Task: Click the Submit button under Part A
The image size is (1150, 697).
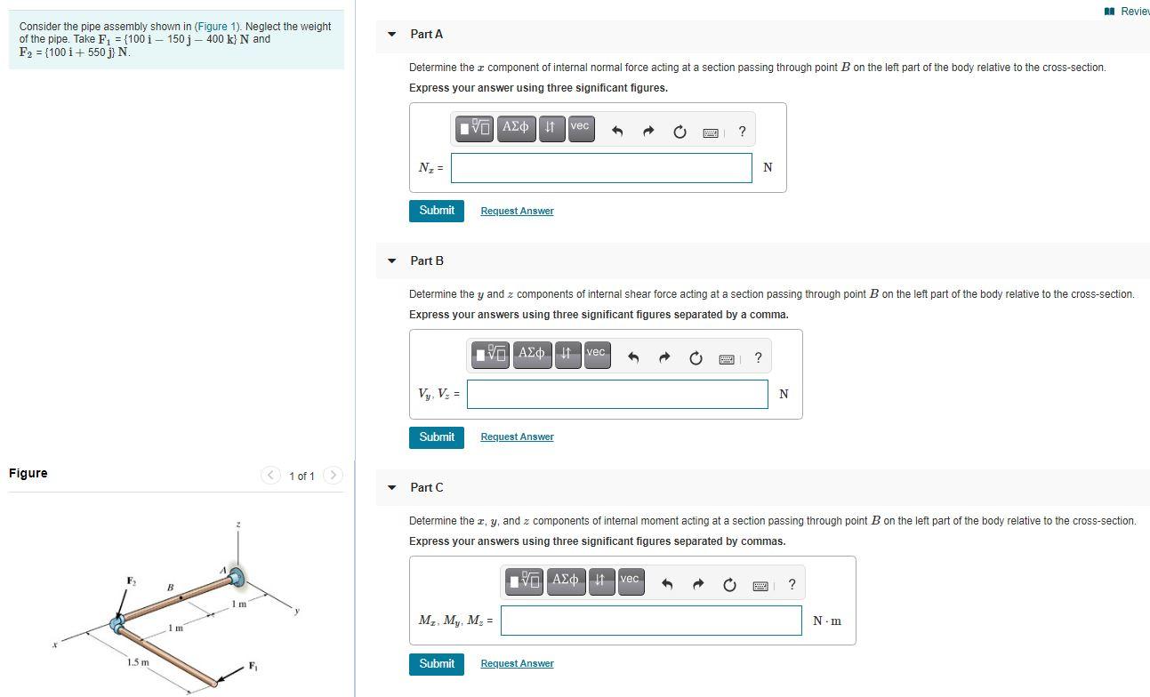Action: tap(437, 211)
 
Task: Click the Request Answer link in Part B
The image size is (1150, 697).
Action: tap(517, 437)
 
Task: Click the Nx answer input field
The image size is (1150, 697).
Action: tap(601, 168)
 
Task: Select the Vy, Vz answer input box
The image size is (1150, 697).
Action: tap(617, 394)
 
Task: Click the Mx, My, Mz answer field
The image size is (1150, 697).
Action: tap(651, 621)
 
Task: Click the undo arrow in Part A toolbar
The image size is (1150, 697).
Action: tap(617, 132)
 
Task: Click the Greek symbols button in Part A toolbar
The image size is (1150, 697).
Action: tap(516, 128)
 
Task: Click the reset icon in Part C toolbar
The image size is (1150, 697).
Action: tap(729, 585)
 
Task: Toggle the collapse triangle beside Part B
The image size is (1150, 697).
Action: tap(391, 260)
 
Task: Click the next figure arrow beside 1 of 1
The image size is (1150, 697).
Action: tap(334, 476)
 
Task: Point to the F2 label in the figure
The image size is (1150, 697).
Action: tap(132, 581)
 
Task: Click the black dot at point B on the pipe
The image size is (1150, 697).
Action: tap(181, 598)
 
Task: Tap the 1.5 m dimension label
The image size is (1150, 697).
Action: tap(138, 662)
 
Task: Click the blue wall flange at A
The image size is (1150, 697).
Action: tap(237, 578)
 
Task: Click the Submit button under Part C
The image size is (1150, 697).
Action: tap(437, 664)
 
